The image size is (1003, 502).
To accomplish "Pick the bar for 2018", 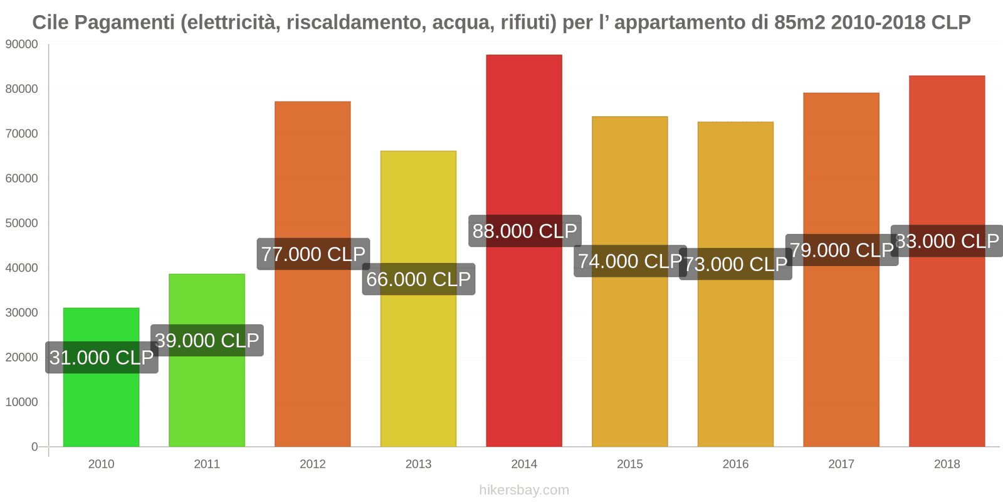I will point(947,345).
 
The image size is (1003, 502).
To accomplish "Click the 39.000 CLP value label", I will point(207,341).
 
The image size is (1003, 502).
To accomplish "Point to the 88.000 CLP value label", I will point(525,231).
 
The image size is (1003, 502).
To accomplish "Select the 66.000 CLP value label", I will point(419,279).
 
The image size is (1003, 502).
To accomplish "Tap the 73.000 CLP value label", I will point(735,264).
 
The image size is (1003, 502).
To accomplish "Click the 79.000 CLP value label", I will point(841,250).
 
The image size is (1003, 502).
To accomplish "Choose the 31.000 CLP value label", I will point(102,358).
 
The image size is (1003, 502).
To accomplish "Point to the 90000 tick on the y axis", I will point(21,45).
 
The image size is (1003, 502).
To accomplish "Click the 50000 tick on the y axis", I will point(21,223).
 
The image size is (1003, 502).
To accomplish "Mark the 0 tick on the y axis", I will point(34,447).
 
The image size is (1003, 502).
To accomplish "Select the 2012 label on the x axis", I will point(312,464).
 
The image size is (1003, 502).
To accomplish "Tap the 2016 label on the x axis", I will point(735,464).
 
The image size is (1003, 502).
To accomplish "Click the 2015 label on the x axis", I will point(629,464).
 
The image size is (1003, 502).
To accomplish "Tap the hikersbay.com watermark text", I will point(524,490).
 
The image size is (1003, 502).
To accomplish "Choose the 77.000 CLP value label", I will point(313,254).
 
